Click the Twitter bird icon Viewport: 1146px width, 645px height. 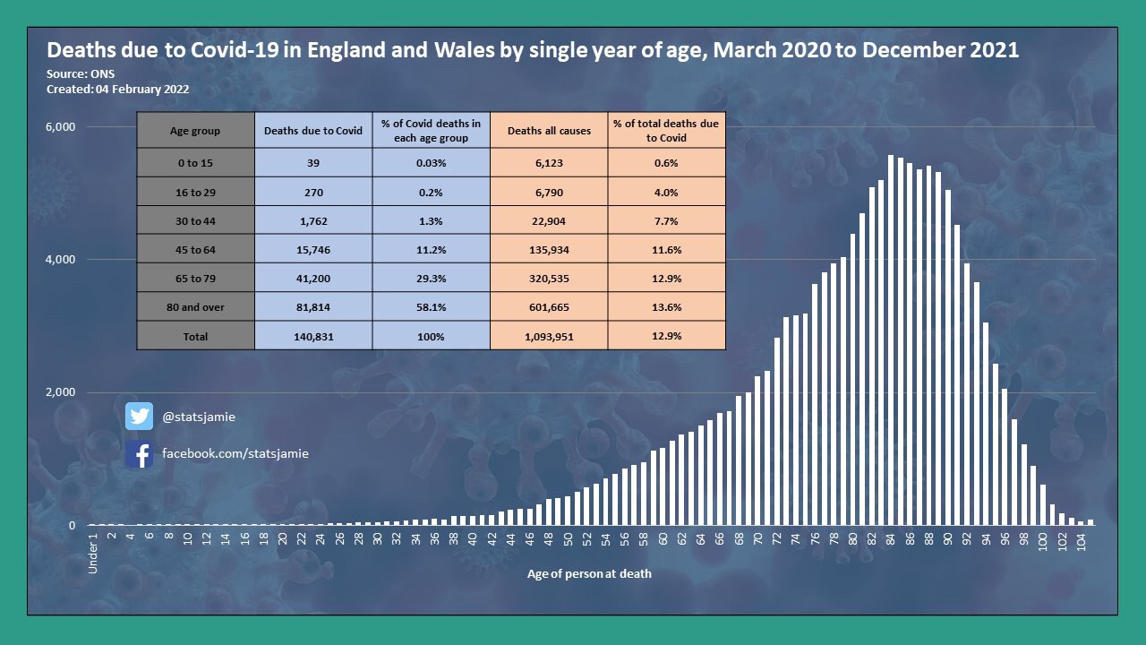(139, 417)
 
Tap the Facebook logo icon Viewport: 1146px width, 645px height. (139, 454)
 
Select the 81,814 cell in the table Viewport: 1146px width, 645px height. (313, 307)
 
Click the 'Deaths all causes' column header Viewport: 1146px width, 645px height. (549, 131)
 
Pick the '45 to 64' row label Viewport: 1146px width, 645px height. (195, 249)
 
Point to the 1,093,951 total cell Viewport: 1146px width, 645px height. (549, 336)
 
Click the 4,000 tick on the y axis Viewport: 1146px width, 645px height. (60, 260)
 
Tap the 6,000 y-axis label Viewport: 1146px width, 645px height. (60, 126)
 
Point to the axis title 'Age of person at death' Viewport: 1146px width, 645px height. (589, 573)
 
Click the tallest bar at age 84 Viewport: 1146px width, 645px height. (891, 340)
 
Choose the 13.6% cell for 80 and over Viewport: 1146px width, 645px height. (666, 307)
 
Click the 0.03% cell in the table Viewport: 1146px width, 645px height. (431, 163)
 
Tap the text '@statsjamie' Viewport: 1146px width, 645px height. (199, 417)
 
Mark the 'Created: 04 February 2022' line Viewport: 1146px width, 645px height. (117, 90)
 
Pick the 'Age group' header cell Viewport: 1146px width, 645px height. (195, 131)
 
